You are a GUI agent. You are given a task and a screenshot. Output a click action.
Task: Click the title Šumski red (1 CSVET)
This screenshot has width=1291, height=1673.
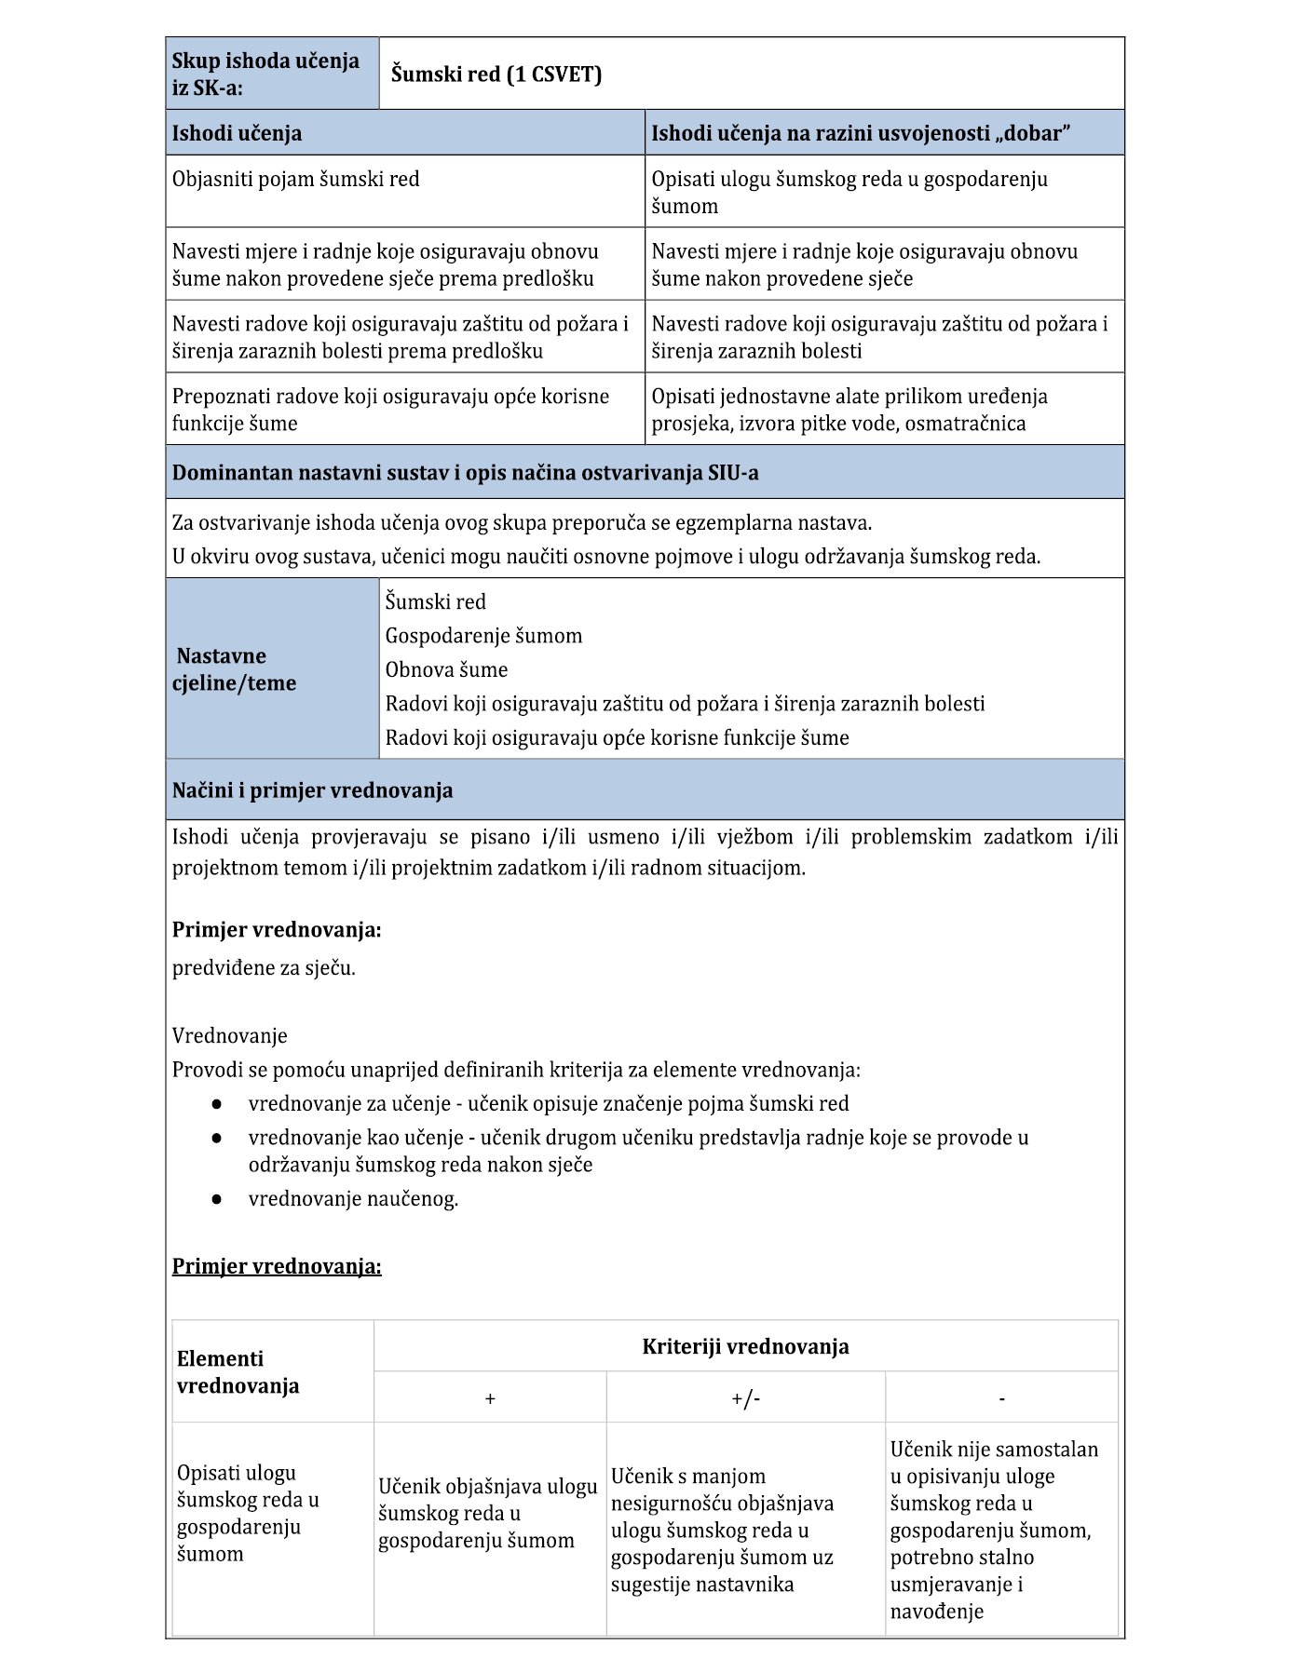tap(496, 74)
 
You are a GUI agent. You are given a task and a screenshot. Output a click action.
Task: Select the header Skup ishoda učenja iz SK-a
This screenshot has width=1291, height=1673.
tap(265, 74)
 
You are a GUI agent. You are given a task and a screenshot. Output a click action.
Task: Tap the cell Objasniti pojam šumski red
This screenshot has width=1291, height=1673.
tap(296, 179)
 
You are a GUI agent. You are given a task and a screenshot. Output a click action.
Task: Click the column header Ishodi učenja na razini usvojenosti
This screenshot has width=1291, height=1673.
tap(861, 133)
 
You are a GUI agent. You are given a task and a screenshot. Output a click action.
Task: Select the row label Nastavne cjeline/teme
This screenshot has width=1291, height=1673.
tap(236, 669)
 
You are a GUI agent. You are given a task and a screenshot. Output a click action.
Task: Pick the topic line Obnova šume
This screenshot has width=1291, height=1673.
tap(447, 670)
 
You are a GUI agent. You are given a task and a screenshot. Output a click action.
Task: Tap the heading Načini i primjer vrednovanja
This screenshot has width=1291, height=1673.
tap(313, 790)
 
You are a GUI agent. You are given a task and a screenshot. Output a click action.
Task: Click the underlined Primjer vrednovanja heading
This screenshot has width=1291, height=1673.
tap(277, 1266)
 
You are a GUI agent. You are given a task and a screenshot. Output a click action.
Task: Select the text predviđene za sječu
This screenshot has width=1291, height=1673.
tap(264, 967)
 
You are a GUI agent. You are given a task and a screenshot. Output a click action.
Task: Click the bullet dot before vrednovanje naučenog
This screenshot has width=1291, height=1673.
tap(216, 1199)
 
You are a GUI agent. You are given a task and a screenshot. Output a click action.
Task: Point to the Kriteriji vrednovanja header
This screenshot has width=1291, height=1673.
tap(745, 1346)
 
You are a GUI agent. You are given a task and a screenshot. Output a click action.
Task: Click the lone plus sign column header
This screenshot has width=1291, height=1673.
tap(490, 1398)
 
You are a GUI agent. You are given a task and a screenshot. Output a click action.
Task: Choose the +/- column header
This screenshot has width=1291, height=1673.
tap(745, 1398)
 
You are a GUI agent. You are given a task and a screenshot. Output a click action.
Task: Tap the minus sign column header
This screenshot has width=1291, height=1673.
tap(1001, 1398)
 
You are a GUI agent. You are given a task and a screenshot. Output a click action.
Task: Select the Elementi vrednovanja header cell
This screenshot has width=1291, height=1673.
tap(238, 1372)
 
